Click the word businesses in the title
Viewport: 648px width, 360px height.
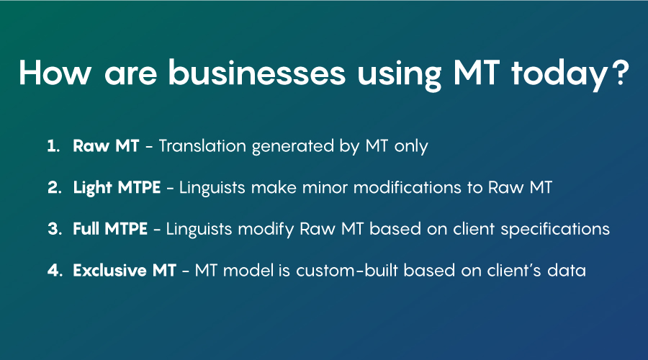256,73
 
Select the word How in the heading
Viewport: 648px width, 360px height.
55,73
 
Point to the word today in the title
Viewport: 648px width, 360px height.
559,74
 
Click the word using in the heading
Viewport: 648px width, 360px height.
399,74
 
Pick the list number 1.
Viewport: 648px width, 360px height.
53,146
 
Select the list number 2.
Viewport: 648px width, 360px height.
55,188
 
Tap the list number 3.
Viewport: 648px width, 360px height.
55,229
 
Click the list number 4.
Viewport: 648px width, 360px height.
55,270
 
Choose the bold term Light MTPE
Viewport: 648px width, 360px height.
117,188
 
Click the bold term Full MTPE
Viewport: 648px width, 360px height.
110,229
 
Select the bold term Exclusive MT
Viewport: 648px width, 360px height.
125,270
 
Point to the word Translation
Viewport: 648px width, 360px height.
202,146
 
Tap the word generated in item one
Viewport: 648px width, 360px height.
292,147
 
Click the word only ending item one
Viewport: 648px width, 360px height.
411,147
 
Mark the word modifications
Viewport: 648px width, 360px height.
407,188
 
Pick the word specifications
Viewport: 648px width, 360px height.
555,230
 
